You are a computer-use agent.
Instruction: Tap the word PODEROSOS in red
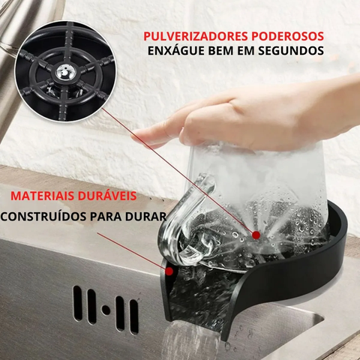coord(288,36)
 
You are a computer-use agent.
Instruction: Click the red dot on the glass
coord(256,235)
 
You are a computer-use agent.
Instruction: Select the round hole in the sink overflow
coord(106,308)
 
